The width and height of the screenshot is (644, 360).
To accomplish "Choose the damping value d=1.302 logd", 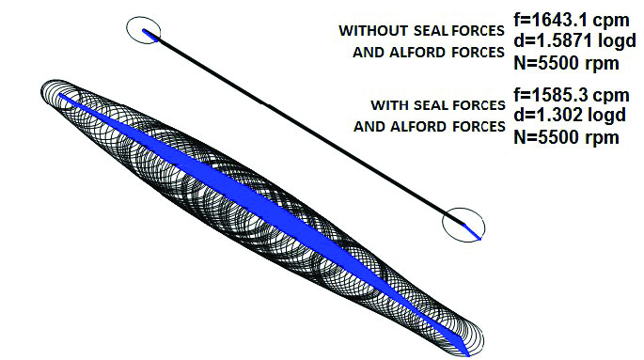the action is click(x=571, y=116).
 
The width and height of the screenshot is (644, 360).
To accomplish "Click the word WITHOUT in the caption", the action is click(x=369, y=31).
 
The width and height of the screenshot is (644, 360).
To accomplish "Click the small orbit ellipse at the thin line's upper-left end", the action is click(x=144, y=31).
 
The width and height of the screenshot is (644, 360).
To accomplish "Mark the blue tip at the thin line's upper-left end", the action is click(x=148, y=34).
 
